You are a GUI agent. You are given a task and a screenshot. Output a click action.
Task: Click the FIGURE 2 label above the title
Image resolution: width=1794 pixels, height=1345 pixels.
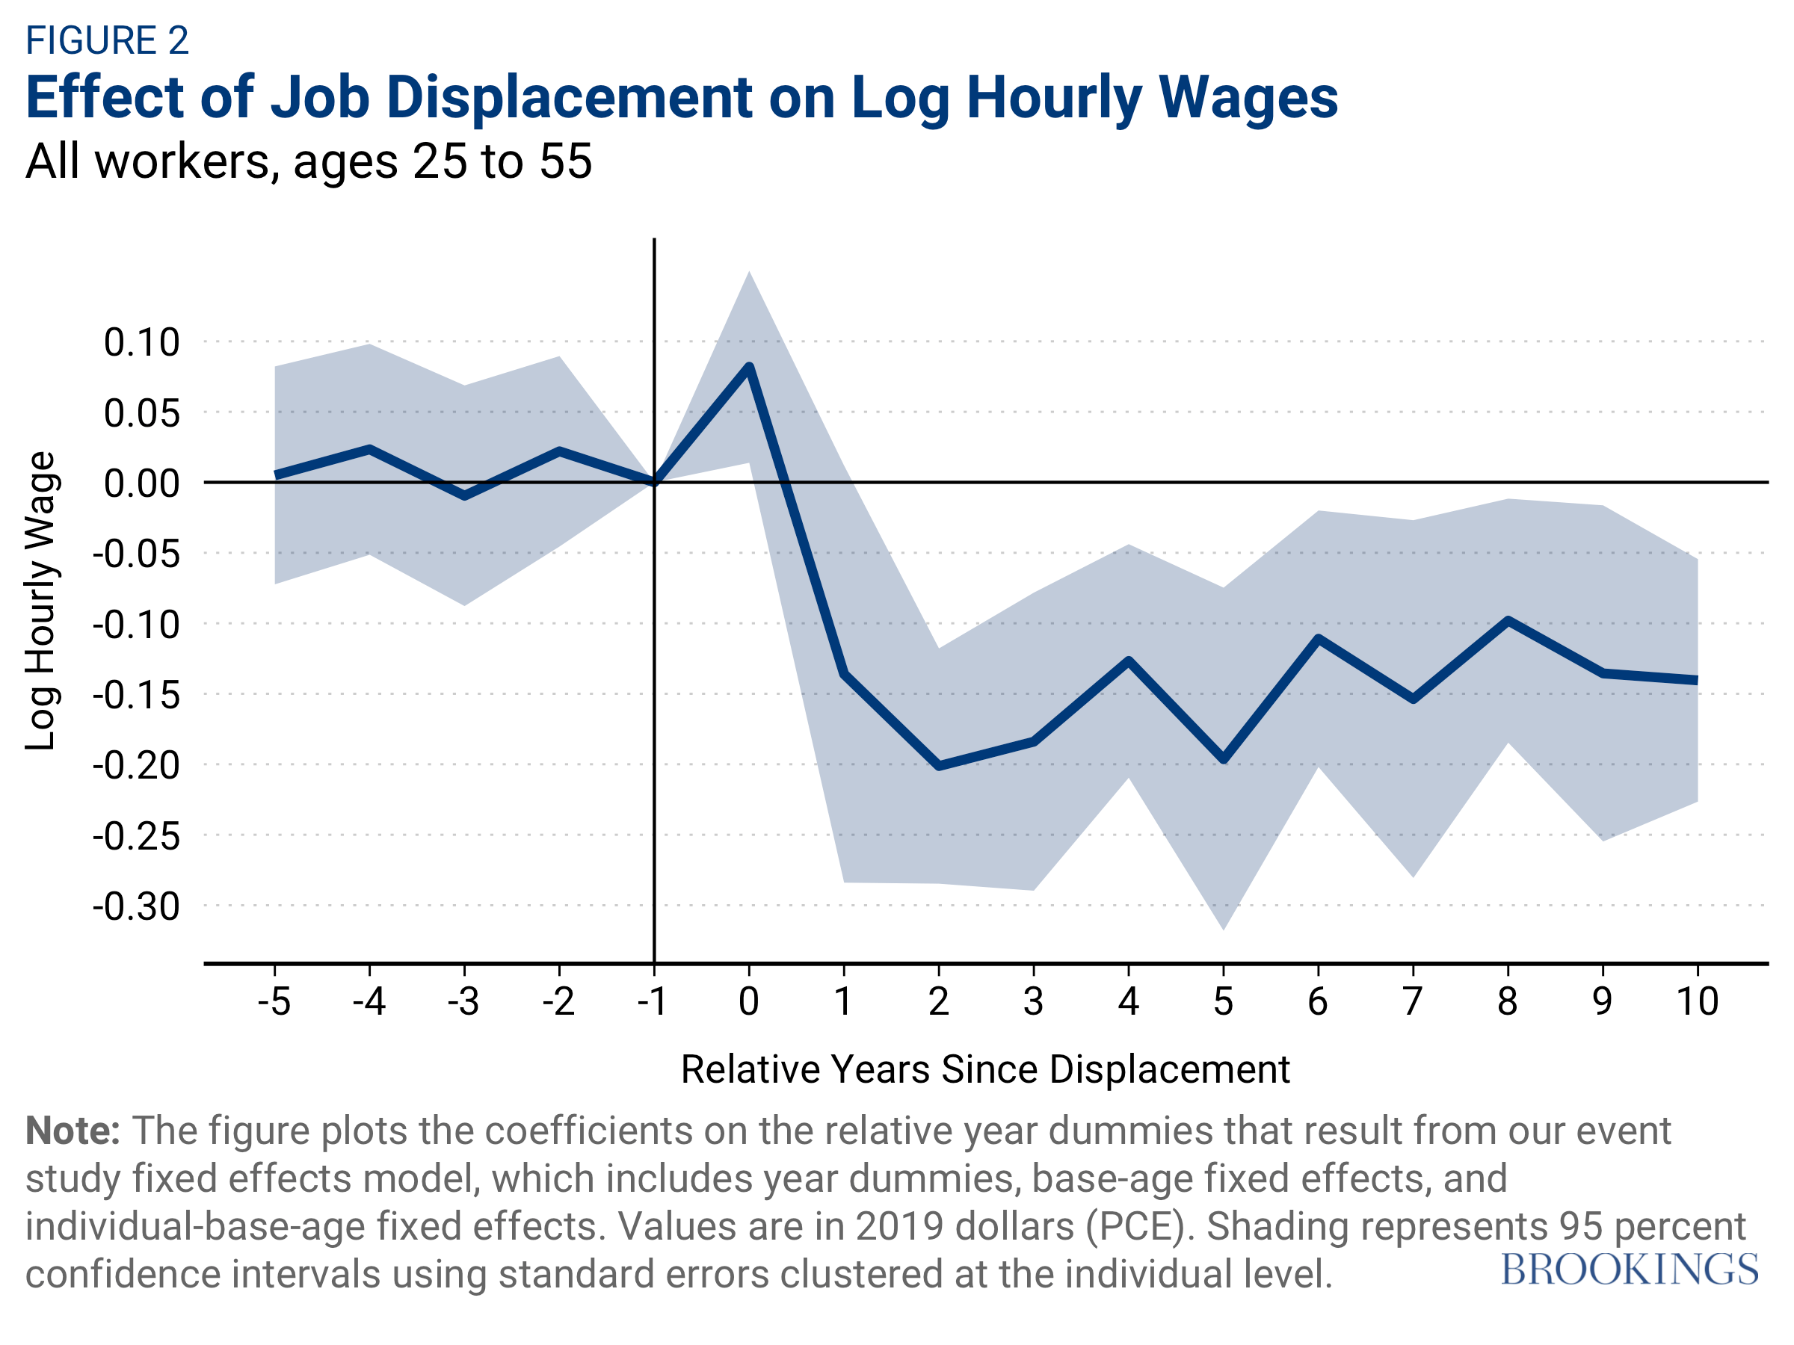coord(107,40)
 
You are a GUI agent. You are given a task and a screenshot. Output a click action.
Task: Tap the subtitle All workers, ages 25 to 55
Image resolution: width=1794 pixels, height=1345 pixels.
coord(308,161)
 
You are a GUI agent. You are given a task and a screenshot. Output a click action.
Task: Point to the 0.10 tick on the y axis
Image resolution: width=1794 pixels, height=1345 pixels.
coord(141,342)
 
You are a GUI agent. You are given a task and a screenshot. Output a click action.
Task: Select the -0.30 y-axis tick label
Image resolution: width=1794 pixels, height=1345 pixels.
coord(136,906)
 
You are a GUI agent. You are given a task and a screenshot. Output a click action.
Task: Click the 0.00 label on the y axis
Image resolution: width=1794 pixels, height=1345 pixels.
coord(141,483)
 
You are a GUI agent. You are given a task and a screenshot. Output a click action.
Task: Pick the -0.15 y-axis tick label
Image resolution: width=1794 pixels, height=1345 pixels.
coord(136,695)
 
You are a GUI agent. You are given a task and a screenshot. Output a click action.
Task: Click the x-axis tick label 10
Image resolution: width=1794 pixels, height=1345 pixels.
coord(1697,1001)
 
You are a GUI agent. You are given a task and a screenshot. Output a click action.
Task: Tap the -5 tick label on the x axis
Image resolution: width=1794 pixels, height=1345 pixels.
coord(274,1001)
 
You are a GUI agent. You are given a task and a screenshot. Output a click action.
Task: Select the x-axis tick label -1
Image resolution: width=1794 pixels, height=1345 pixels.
coord(652,1001)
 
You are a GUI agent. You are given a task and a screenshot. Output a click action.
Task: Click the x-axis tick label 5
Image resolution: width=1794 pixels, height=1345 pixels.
coord(1223,1001)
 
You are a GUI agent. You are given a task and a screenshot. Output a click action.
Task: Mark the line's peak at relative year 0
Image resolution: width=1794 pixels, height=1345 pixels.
coord(750,366)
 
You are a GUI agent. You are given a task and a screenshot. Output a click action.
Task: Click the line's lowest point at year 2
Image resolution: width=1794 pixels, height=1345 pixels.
coord(939,766)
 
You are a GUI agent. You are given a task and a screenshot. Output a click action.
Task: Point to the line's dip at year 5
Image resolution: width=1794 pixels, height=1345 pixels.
coord(1224,761)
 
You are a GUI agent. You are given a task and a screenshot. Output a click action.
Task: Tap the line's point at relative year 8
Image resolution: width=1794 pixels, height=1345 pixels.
coord(1508,620)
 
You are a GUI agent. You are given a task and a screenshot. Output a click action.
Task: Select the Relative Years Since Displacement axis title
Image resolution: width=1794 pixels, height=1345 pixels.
coord(984,1069)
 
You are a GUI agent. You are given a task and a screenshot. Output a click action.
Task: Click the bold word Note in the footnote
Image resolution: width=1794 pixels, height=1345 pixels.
coord(71,1131)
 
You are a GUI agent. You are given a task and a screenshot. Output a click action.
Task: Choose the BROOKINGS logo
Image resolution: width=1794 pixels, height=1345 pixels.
coord(1629,1270)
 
